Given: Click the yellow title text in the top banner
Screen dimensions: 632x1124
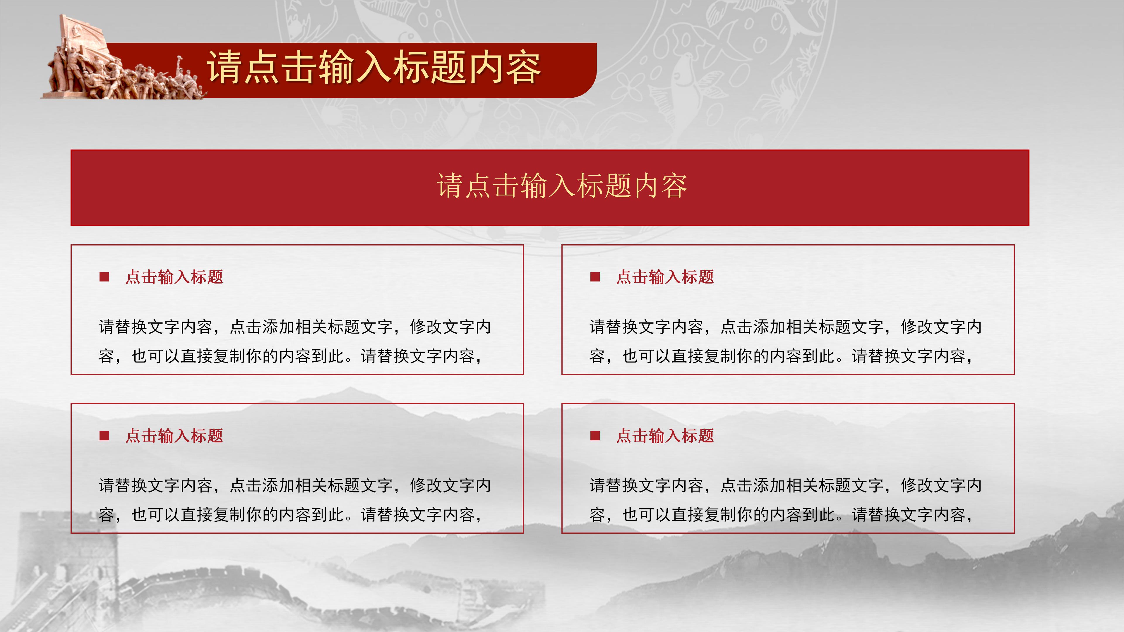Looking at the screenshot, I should coord(374,68).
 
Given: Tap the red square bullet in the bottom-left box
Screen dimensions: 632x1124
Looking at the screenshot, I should coord(104,436).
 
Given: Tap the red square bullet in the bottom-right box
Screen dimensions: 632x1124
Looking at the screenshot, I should coord(595,436).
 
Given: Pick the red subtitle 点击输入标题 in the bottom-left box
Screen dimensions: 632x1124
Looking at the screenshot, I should coord(174,436).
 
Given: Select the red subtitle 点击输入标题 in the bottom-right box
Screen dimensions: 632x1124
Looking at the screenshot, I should coord(665,436).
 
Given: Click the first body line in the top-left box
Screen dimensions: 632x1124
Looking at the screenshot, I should coord(295,327).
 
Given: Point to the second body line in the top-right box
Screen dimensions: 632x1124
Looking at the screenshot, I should coord(781,356).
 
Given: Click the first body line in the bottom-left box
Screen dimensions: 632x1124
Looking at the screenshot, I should coord(295,485).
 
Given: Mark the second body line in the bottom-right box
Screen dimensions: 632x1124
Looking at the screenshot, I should coord(781,515).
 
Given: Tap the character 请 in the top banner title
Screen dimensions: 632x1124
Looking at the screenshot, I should coord(224,68).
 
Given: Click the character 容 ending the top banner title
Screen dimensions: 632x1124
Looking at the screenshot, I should coord(524,68).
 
